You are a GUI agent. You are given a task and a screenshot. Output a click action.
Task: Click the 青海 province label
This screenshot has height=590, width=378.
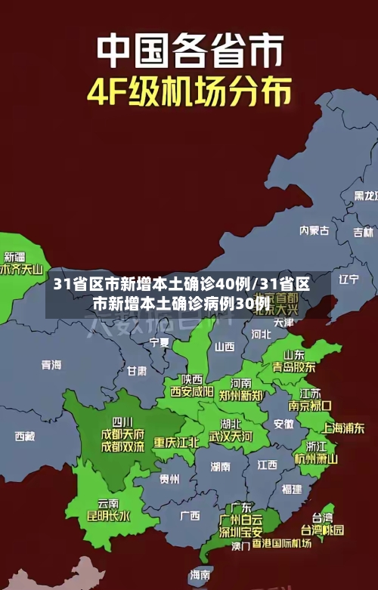click(51, 364)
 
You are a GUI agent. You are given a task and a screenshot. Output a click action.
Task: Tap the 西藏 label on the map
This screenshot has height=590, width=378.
click(24, 436)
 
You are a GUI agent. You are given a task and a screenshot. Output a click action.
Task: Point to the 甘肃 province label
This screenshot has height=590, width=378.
click(137, 371)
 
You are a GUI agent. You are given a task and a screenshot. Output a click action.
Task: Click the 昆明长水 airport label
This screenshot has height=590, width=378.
click(108, 516)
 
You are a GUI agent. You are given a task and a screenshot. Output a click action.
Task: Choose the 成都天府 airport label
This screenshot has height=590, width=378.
click(122, 434)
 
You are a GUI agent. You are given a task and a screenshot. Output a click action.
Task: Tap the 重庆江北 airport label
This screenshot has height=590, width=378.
click(176, 442)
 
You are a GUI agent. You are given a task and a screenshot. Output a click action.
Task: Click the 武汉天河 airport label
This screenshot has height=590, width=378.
click(231, 437)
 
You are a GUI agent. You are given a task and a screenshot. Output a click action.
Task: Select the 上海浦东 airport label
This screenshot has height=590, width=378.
click(343, 428)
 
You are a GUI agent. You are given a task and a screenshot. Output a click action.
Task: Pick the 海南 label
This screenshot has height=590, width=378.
click(200, 575)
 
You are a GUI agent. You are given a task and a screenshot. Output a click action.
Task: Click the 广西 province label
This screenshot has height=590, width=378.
click(190, 515)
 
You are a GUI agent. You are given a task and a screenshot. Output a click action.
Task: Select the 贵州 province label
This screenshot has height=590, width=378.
click(169, 479)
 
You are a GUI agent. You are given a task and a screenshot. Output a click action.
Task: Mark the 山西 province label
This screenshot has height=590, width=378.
click(225, 347)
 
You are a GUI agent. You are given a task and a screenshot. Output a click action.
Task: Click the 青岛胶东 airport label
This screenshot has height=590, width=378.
click(294, 367)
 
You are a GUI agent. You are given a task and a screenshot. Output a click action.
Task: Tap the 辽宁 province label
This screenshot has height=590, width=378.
click(349, 279)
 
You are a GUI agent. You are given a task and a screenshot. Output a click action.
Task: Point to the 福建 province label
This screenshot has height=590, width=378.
click(291, 489)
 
